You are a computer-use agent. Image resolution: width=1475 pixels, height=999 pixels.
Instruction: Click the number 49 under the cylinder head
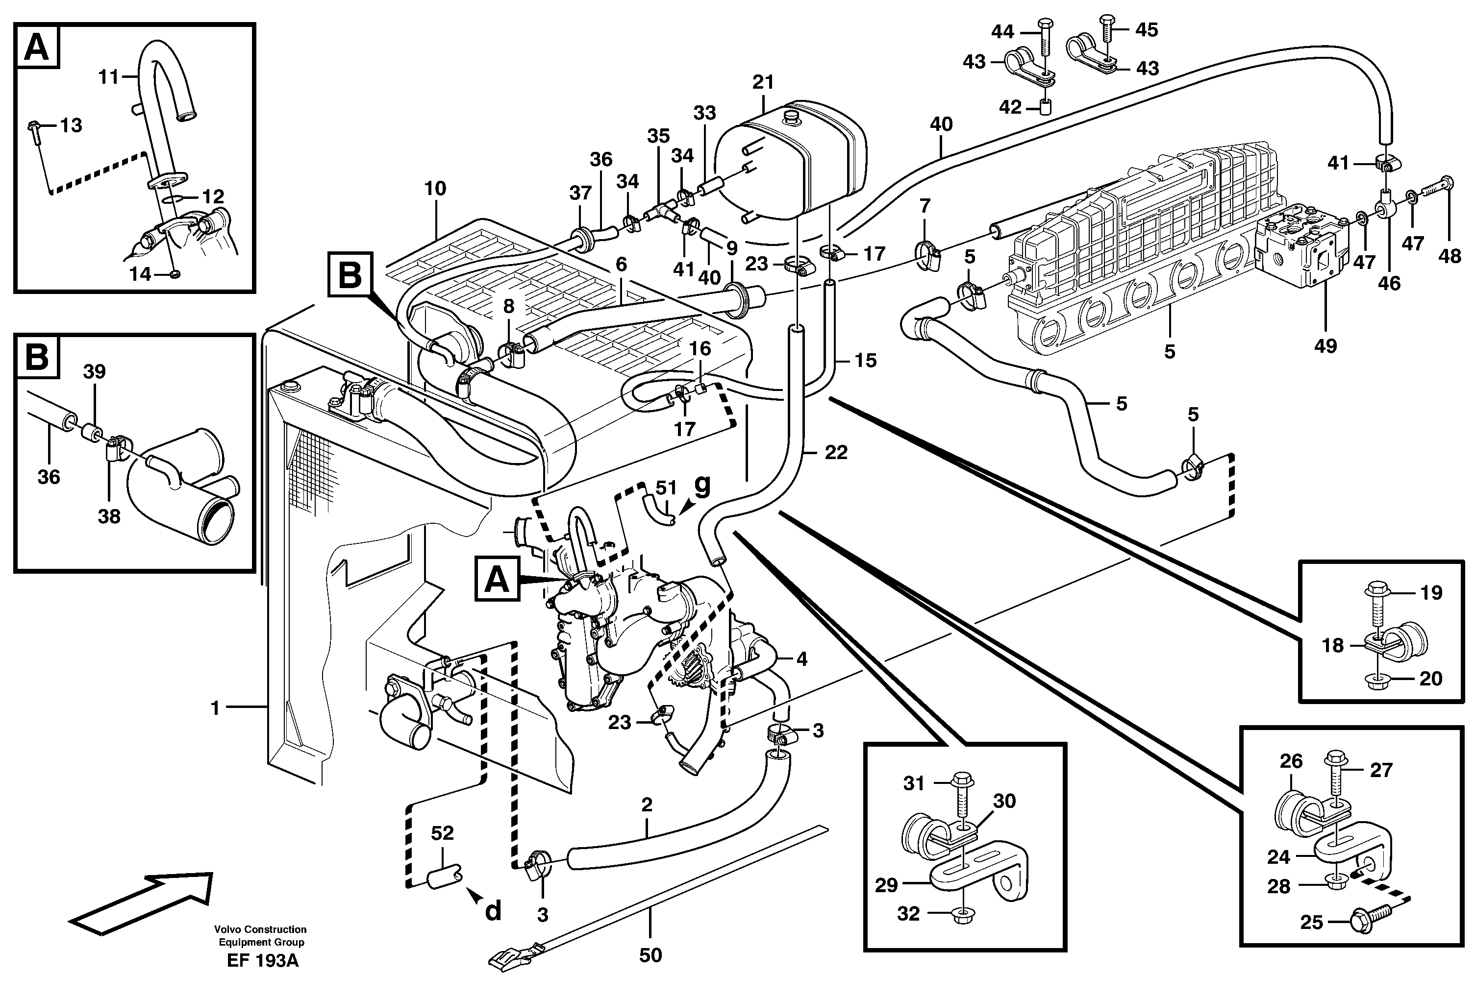pyautogui.click(x=1325, y=346)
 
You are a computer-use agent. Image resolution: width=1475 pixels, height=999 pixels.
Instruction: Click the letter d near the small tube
pyautogui.click(x=493, y=911)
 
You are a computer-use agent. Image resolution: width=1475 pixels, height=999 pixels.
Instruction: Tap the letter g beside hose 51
pyautogui.click(x=702, y=484)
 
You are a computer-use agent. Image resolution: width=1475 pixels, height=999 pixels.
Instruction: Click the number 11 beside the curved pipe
pyautogui.click(x=108, y=77)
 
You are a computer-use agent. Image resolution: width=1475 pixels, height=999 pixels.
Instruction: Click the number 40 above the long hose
pyautogui.click(x=941, y=124)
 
